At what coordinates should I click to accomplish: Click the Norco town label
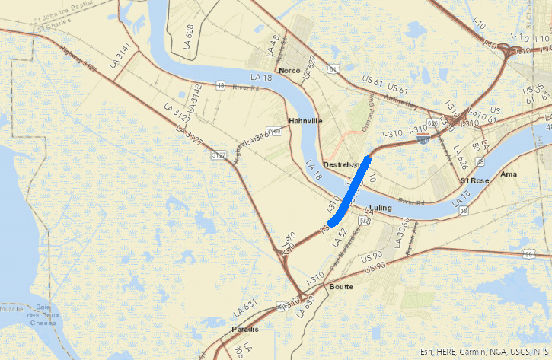coord(290,71)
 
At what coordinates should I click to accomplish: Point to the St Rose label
coord(474,180)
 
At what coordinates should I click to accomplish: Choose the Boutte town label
coord(342,286)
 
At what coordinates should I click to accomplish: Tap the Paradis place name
coord(244,329)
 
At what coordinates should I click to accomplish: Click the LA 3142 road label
coord(196,99)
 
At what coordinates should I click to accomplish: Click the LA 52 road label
coord(341,235)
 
